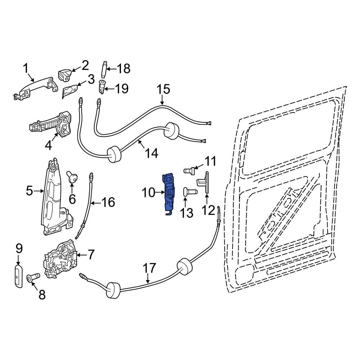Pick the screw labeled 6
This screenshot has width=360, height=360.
coord(72,177)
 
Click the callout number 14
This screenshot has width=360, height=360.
coord(151,154)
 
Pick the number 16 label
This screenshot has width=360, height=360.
coord(107,202)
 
